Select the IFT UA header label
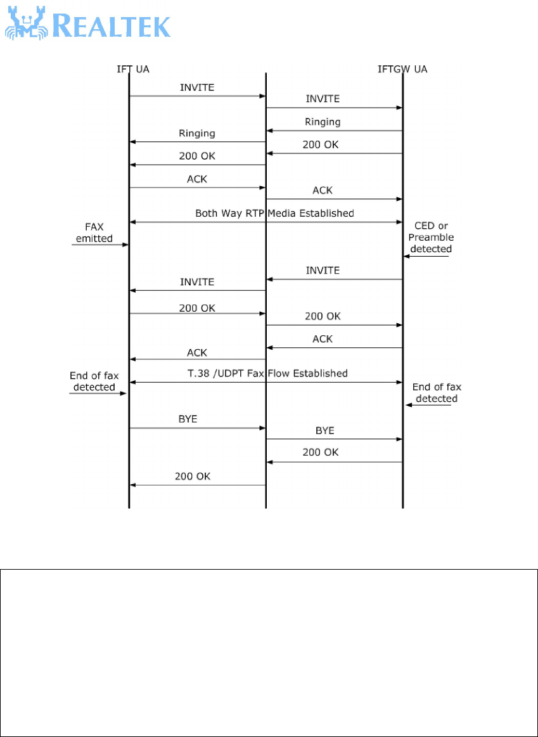129,68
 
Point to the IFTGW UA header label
402,68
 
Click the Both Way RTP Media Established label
274,214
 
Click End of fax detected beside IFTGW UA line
435,392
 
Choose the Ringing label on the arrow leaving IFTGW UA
322,121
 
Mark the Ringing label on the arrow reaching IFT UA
197,133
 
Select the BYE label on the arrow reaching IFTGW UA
324,430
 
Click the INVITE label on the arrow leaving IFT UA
197,87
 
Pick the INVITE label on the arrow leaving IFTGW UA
323,270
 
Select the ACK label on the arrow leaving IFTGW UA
323,339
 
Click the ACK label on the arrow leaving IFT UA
197,179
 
